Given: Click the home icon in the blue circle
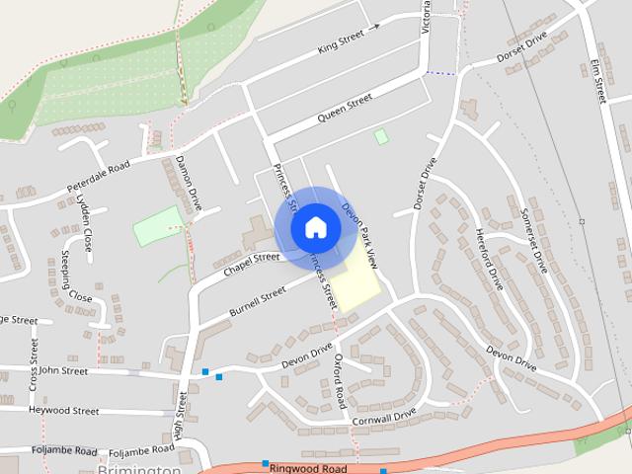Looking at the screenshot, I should [x=315, y=227].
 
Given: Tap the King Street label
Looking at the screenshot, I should [x=342, y=41].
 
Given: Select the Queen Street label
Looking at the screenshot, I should [x=345, y=108].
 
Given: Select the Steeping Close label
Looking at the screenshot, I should [x=75, y=278].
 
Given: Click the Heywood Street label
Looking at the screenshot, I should [x=63, y=410].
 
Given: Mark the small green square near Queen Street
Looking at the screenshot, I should [x=381, y=136].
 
